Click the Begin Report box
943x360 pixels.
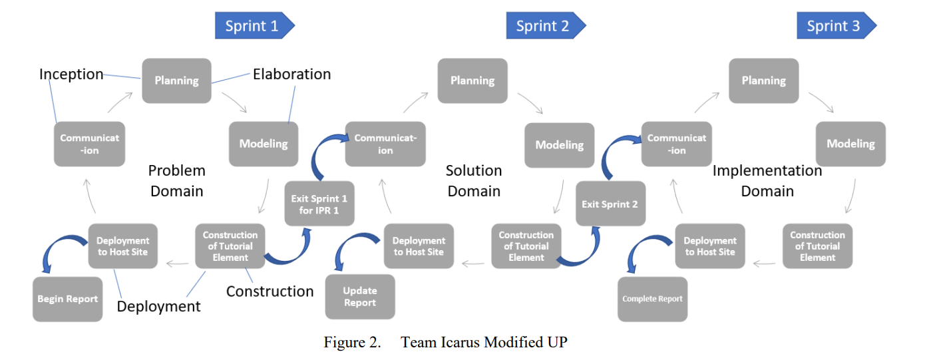(x=67, y=299)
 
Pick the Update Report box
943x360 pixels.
(x=360, y=296)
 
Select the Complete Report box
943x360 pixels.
(x=653, y=299)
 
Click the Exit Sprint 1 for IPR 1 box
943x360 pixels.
(x=319, y=204)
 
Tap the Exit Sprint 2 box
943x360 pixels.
(x=610, y=204)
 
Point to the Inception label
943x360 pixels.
(x=71, y=74)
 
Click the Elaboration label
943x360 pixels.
(x=291, y=74)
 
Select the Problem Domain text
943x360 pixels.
(x=177, y=180)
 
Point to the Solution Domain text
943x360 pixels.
(x=474, y=180)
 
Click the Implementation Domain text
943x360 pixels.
(x=767, y=180)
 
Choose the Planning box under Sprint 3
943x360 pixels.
(x=764, y=81)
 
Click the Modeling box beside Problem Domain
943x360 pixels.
(x=264, y=144)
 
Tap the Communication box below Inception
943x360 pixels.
(x=89, y=144)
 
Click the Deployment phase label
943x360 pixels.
(x=158, y=306)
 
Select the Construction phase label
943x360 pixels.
(x=270, y=291)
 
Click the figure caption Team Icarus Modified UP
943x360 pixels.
(x=484, y=342)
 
